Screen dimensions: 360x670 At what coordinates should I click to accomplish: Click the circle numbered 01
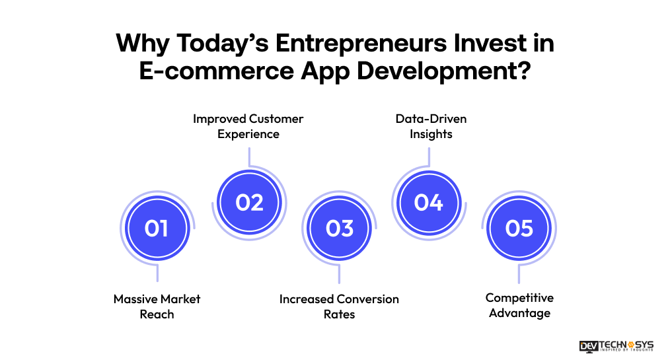[157, 229]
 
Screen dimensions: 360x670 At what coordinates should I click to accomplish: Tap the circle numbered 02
[249, 202]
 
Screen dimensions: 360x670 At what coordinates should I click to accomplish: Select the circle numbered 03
[340, 229]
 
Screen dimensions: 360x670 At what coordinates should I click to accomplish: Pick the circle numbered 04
[429, 202]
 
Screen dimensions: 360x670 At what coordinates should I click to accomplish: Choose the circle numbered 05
[519, 229]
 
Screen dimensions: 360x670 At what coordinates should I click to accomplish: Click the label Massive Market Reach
[157, 306]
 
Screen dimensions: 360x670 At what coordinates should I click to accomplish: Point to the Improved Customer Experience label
[248, 126]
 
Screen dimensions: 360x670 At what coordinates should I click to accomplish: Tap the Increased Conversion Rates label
[339, 306]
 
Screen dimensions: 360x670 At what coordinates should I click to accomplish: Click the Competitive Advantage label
[519, 305]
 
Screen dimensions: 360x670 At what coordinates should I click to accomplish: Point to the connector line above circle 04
[429, 157]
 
